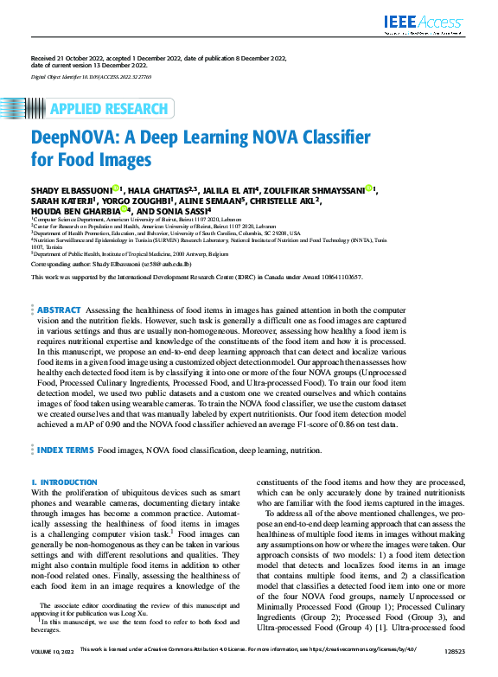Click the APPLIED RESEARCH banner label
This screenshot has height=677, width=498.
[109, 109]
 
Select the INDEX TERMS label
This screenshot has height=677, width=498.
[64, 450]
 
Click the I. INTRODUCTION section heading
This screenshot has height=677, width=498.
[63, 482]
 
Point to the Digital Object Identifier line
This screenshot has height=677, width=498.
[91, 77]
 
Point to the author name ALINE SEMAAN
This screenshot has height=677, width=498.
[216, 199]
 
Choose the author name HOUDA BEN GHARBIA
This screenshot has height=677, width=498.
[74, 209]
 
